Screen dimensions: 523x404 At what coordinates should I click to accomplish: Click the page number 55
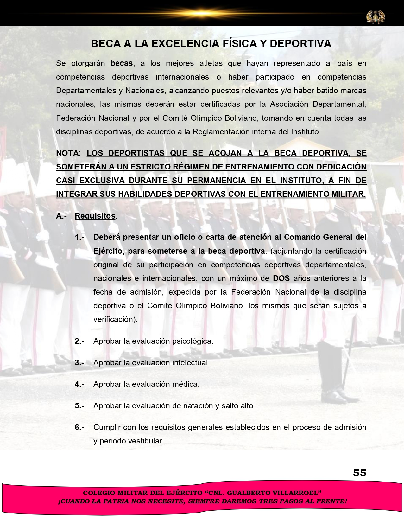359,473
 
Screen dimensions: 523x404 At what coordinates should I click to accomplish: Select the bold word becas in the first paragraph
122,63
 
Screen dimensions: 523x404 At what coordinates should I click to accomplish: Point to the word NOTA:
68,153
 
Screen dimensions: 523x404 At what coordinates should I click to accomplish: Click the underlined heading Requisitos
95,216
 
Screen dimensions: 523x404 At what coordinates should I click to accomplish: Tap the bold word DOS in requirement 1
281,278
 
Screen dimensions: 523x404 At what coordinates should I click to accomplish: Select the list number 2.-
79,341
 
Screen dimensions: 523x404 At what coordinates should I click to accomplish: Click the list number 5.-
79,406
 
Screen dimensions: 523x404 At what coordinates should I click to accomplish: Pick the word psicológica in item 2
193,341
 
